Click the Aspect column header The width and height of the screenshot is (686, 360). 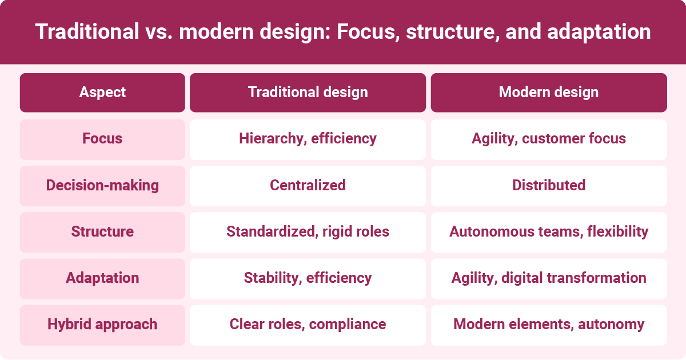click(x=102, y=93)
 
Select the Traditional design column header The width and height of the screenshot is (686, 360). click(x=308, y=93)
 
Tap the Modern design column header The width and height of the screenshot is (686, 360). click(x=549, y=93)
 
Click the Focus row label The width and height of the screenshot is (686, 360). click(x=102, y=139)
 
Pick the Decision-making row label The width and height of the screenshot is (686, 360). click(x=102, y=186)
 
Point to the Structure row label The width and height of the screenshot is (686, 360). click(x=102, y=232)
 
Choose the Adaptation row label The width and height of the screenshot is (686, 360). click(x=102, y=278)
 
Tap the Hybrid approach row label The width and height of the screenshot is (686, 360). click(x=102, y=325)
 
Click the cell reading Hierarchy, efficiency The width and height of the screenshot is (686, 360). click(x=308, y=139)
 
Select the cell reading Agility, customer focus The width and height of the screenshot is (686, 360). click(x=549, y=139)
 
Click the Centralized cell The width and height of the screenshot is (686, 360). click(x=308, y=186)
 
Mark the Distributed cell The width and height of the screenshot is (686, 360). click(x=549, y=186)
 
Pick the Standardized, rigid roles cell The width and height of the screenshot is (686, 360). click(x=308, y=232)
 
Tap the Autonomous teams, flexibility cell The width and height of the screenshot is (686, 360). click(x=549, y=232)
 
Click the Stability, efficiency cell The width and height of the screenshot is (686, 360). click(x=308, y=278)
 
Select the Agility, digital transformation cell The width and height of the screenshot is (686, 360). click(x=549, y=278)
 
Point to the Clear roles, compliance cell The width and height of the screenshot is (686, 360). click(x=308, y=325)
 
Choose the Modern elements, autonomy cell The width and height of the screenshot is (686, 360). click(x=549, y=325)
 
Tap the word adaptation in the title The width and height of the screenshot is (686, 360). click(x=599, y=32)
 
